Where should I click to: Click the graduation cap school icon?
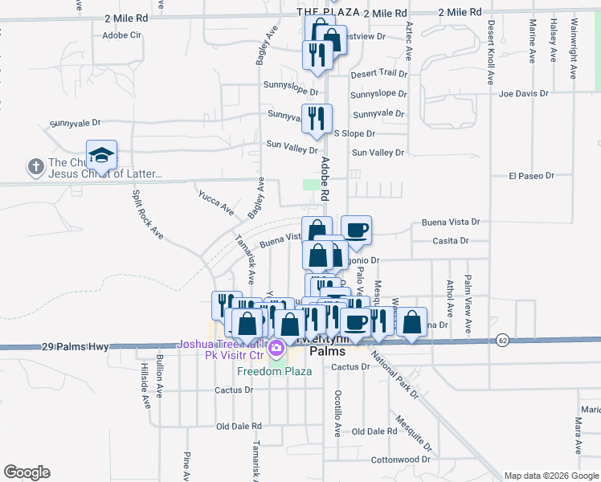pyautogui.click(x=102, y=154)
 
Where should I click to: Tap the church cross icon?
pyautogui.click(x=35, y=167)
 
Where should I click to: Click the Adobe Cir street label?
pyautogui.click(x=122, y=35)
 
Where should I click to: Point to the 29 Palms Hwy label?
pyautogui.click(x=75, y=347)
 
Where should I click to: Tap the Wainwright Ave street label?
pyautogui.click(x=574, y=50)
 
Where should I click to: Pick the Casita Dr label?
pyautogui.click(x=450, y=240)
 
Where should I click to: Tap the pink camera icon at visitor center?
pyautogui.click(x=276, y=349)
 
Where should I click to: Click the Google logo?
pyautogui.click(x=27, y=472)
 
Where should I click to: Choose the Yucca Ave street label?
pyautogui.click(x=216, y=201)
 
